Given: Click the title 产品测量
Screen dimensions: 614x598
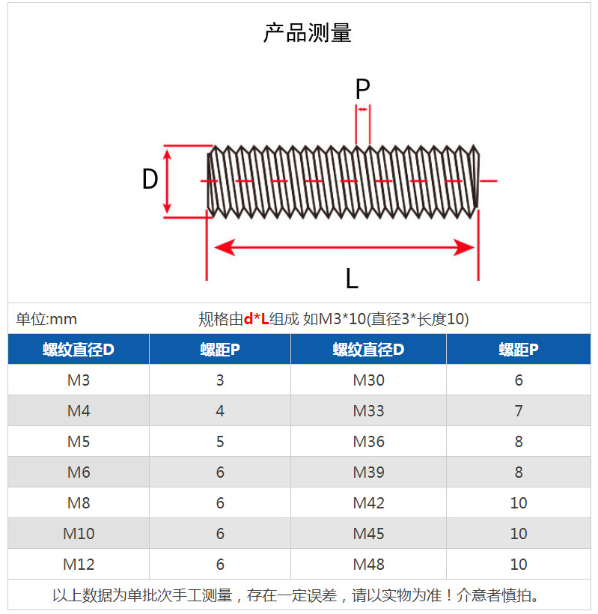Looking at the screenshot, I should point(307,33).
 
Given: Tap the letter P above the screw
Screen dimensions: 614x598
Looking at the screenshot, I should point(362,89).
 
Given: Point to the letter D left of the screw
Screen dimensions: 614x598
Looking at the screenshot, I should point(150,180).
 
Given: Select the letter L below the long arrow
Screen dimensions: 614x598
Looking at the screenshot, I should point(351,279).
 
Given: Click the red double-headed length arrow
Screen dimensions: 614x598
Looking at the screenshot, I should point(344,247).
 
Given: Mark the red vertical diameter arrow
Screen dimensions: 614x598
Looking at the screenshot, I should point(168,180).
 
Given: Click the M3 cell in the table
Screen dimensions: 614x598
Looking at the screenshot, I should point(79,380).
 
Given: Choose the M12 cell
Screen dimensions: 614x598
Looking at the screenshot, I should point(79,565).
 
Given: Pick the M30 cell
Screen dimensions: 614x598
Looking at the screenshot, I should point(368,380).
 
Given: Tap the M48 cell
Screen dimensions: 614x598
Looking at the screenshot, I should point(368,565).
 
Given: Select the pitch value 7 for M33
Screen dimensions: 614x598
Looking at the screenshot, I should point(519,411).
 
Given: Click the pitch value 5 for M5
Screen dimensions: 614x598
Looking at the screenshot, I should point(220,442).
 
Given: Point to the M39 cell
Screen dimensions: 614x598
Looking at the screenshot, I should point(368,472).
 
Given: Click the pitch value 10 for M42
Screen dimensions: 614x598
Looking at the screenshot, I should point(519,503).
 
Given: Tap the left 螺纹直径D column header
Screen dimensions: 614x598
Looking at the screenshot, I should point(79,350).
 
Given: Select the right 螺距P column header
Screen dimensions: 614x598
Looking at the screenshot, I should point(519,350).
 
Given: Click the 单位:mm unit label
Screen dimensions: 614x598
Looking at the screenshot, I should point(46,320).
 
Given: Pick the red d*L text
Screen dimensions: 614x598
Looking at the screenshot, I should point(256,320).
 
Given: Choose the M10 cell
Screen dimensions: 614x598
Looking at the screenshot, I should point(79,534).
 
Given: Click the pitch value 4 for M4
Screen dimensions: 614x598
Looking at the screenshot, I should point(220,411).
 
